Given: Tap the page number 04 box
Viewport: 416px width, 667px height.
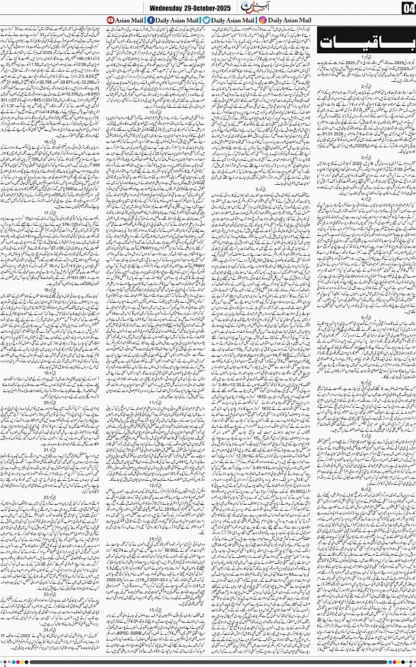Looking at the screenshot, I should tap(408, 8).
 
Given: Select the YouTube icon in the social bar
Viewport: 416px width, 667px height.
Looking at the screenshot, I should tap(112, 20).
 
